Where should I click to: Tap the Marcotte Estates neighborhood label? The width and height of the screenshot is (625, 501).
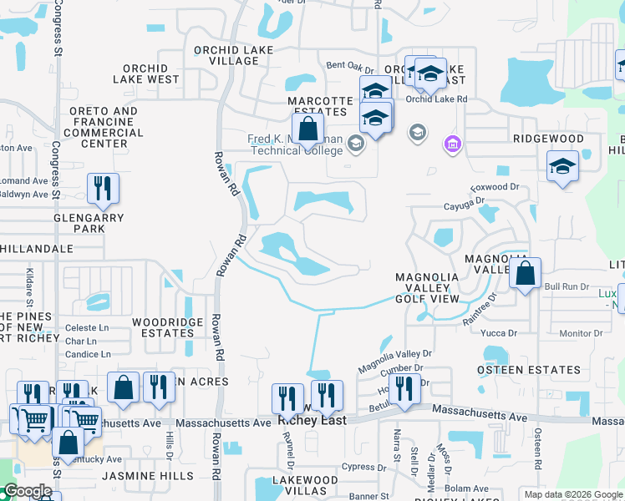tap(317, 106)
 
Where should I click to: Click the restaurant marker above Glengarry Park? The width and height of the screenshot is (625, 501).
tap(103, 190)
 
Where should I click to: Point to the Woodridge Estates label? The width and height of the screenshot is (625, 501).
tap(167, 326)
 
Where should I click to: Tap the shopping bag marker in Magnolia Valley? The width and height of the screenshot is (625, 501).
tap(525, 274)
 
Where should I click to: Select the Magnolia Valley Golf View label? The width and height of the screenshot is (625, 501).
tap(427, 287)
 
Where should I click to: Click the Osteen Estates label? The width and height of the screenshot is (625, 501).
tap(528, 369)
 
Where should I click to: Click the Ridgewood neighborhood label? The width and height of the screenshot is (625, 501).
tap(549, 139)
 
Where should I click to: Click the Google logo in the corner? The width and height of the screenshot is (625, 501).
tap(28, 492)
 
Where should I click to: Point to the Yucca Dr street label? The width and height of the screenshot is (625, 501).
tap(500, 332)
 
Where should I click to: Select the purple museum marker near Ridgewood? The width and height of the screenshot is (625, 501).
tap(453, 144)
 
